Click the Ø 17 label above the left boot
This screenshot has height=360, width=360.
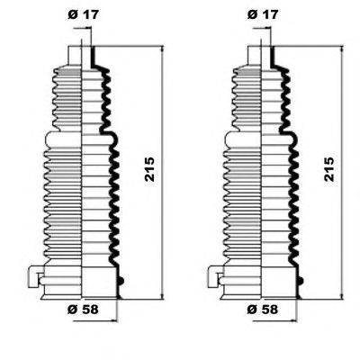(83, 14)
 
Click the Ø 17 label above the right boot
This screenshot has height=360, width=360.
(263, 14)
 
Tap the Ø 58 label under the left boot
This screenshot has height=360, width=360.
(83, 310)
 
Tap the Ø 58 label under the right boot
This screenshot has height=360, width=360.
(263, 310)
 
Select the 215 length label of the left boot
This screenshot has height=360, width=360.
(149, 169)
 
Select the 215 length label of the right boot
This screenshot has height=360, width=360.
(329, 169)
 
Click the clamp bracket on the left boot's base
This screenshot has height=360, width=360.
(34, 276)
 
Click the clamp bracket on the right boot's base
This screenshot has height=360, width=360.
(213, 276)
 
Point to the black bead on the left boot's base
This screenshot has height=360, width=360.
(121, 281)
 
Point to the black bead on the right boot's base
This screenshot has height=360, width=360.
(301, 281)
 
